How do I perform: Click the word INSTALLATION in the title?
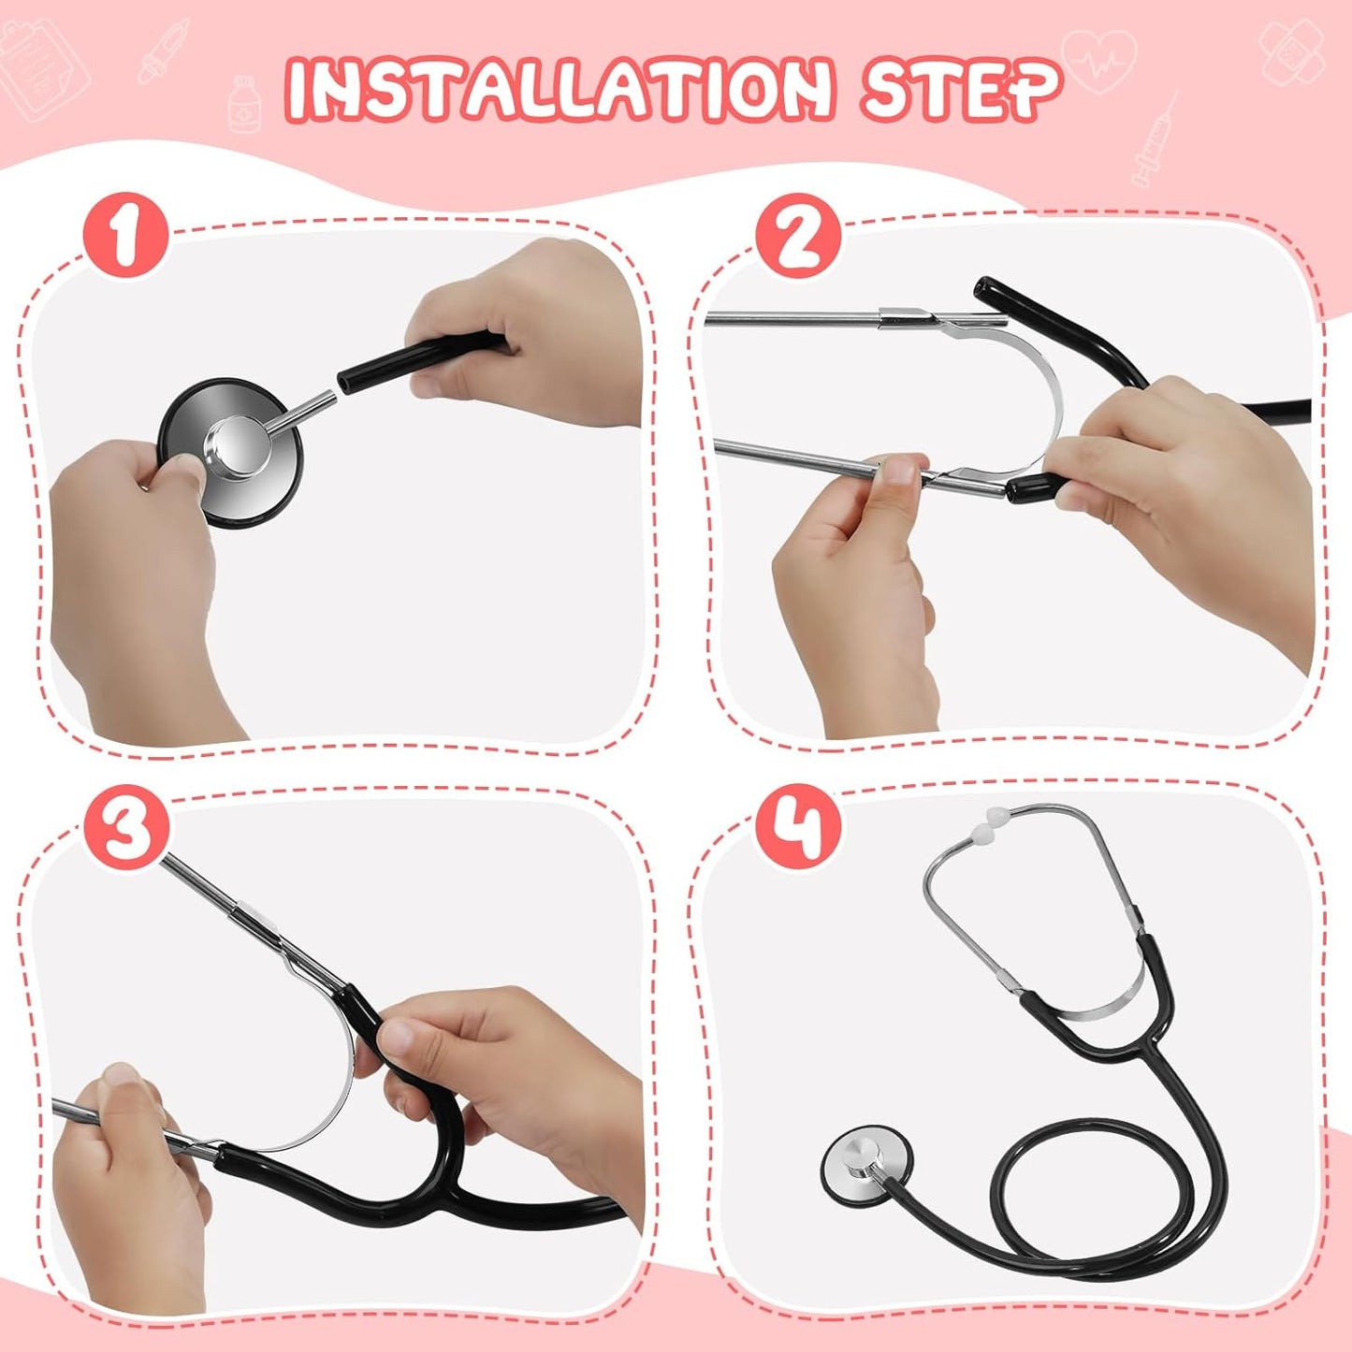coord(559,89)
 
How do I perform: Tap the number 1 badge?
coord(125,235)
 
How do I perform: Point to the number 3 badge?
coord(126,828)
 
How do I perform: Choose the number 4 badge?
coord(798,828)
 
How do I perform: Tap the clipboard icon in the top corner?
coord(42,70)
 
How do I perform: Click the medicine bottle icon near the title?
coord(245,104)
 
